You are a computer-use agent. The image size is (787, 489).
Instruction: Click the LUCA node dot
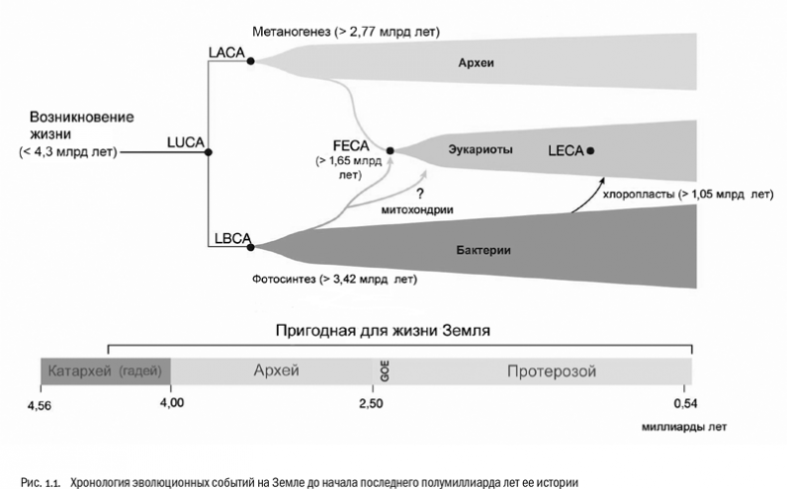[x=208, y=151]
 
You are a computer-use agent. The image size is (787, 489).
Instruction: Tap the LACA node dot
[x=250, y=61]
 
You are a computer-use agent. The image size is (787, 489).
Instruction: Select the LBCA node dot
[x=251, y=242]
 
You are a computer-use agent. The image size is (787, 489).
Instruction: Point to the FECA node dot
[x=391, y=150]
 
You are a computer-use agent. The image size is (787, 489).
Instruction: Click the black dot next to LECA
[x=592, y=150]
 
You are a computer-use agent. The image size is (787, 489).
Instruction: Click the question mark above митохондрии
[x=419, y=194]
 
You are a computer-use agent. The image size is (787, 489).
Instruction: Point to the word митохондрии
[x=418, y=211]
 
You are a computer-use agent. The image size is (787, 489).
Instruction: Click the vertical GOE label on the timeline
[x=384, y=371]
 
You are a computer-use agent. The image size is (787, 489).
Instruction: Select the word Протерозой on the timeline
[x=551, y=371]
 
